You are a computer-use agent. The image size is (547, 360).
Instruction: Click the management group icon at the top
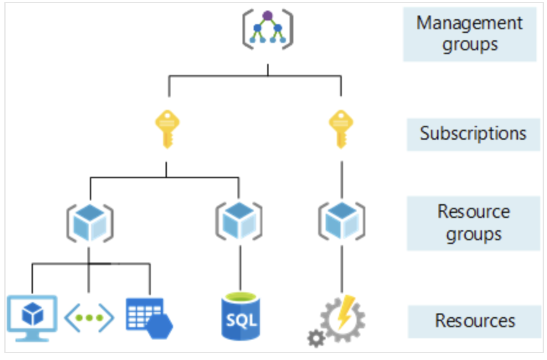(267, 29)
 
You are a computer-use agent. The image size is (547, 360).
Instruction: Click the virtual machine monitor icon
(32, 316)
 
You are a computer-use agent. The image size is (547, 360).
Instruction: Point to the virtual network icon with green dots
(89, 318)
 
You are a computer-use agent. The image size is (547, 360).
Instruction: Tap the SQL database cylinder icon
(240, 317)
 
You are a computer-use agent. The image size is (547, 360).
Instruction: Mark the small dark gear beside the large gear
(316, 338)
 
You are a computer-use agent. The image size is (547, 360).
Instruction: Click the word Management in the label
(469, 24)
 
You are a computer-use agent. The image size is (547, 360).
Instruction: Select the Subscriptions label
(473, 133)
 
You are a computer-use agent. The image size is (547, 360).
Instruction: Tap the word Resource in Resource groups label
(473, 212)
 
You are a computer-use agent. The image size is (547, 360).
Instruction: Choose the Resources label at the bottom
(475, 321)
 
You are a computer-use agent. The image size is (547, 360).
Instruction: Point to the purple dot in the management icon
(267, 16)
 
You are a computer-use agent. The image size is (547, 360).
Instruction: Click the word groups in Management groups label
(469, 45)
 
